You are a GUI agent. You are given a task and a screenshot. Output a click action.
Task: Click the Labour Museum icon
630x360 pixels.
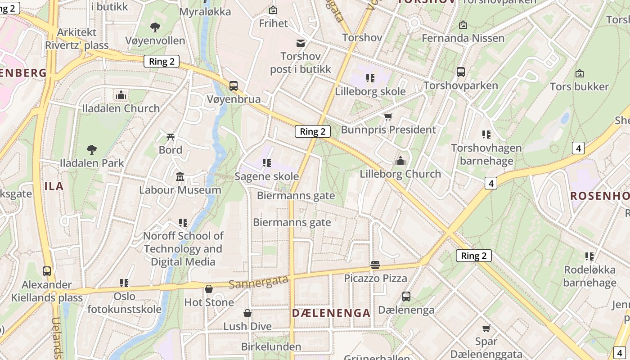coord(180,176)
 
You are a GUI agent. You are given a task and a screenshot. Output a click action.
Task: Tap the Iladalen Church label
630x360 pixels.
coord(121,108)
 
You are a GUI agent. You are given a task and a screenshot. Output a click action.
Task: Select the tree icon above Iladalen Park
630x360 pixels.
coord(92,149)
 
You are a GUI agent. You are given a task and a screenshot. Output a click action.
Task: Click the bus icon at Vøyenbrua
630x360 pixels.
coord(234,85)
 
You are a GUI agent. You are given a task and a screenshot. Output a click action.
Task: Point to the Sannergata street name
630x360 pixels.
coord(258,282)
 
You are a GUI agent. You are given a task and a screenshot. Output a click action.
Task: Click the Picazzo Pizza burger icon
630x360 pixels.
coord(375,265)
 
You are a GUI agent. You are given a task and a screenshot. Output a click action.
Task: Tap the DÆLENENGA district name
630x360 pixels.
coord(331,313)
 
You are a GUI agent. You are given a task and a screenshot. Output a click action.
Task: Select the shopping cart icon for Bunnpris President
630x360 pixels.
coord(388,117)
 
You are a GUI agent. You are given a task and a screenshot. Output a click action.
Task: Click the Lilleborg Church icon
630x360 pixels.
coord(400,161)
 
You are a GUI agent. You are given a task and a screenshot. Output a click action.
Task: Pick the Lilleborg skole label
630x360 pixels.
coord(370,91)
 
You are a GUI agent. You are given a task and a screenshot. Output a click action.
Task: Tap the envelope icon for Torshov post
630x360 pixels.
coord(300,43)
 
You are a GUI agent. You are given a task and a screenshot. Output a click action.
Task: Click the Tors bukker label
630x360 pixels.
coord(579,86)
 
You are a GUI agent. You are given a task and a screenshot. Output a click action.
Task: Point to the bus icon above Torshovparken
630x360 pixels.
coord(461,72)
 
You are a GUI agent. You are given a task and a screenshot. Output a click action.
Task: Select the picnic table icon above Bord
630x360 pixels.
coord(171,136)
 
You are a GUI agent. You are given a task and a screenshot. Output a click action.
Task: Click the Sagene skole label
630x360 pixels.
coord(267,176)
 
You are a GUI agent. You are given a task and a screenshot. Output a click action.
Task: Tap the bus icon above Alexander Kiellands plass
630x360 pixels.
coord(47,271)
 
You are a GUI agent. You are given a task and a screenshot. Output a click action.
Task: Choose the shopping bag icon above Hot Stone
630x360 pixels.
coord(209,289)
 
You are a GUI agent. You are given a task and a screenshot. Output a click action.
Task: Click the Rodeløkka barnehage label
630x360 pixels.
coord(589,276)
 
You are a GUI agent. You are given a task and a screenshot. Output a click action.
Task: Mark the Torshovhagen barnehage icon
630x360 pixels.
coord(486,135)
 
